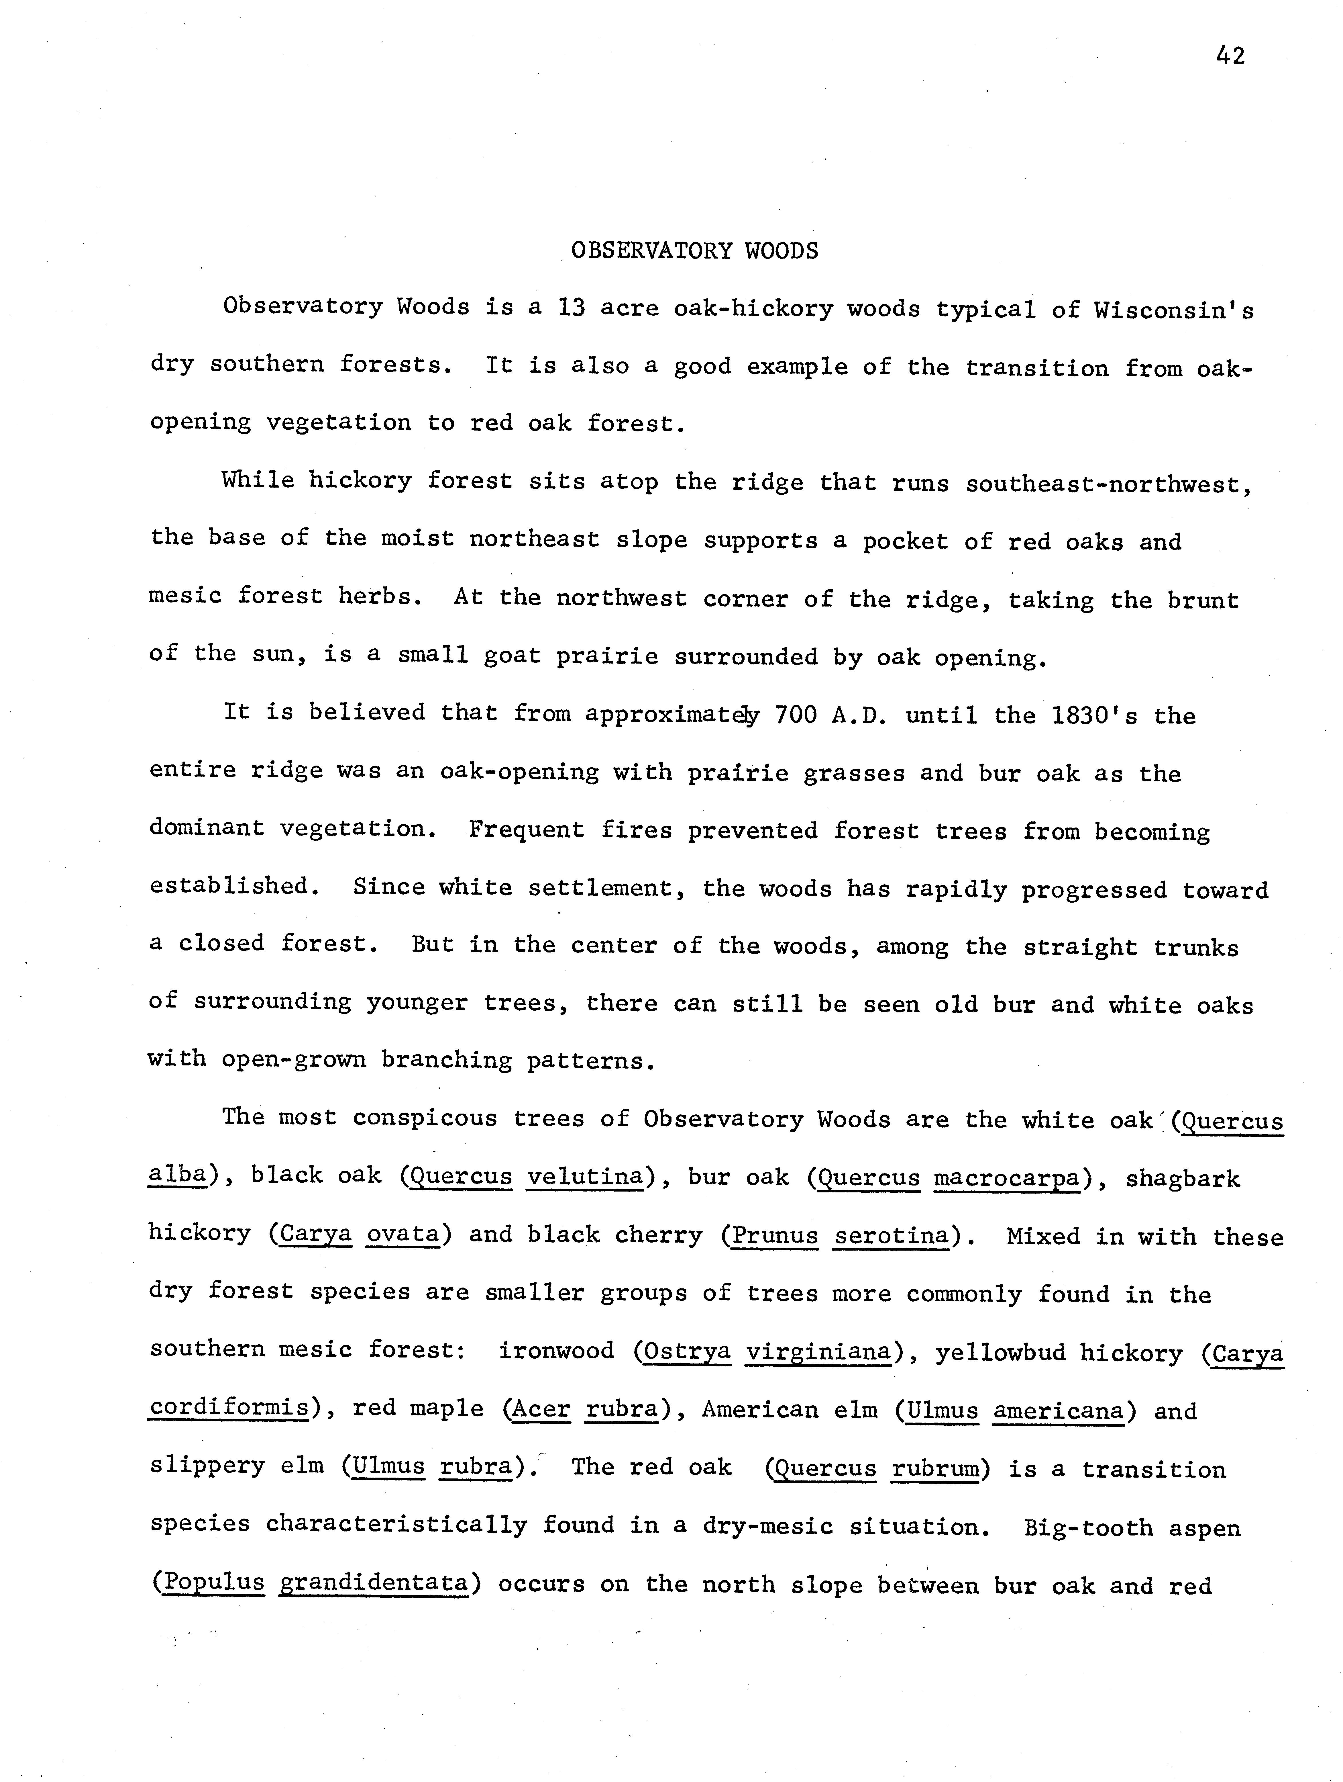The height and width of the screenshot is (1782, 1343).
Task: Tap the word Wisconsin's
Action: pos(1173,310)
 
